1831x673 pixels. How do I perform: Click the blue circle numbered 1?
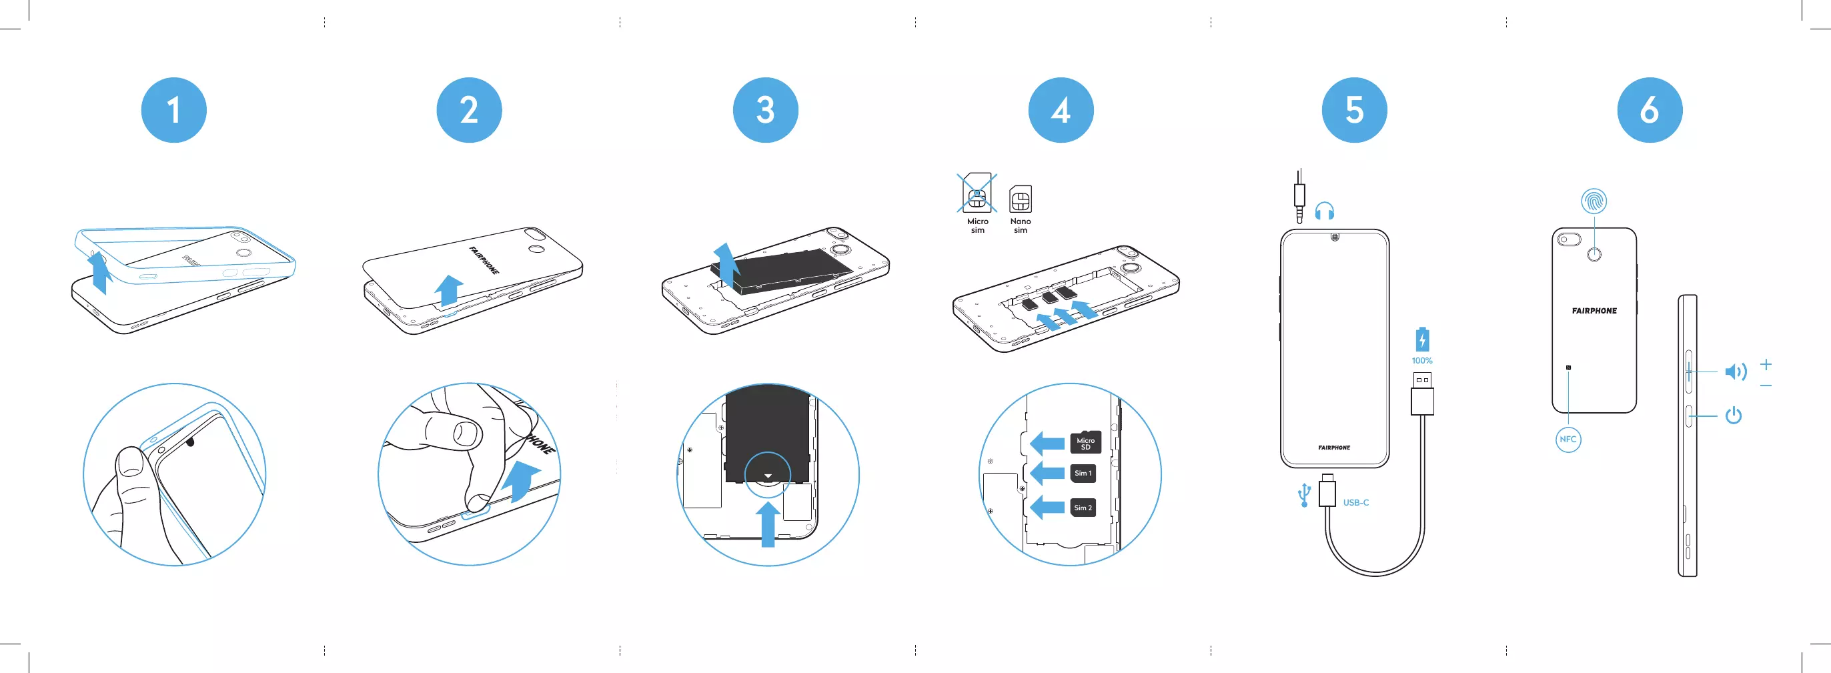[x=173, y=110]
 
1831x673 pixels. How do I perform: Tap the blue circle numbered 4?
[x=1061, y=110]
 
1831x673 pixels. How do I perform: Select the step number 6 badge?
[x=1649, y=110]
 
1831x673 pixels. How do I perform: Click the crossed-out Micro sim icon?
[x=977, y=193]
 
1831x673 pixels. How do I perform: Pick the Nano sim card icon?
[x=1021, y=199]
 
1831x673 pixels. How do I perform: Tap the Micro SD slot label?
[x=1085, y=444]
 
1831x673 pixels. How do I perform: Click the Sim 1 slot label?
[x=1083, y=474]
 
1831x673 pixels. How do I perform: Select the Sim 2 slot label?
[x=1083, y=508]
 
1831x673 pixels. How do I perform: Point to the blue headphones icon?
[x=1324, y=211]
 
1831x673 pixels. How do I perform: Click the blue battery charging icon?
[x=1421, y=340]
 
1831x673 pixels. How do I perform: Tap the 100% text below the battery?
[x=1421, y=361]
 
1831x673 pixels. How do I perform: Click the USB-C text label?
[x=1355, y=502]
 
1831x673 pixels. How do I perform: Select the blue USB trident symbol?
[x=1303, y=495]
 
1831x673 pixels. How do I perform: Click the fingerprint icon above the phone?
[x=1594, y=201]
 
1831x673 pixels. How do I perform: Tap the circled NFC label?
[x=1568, y=439]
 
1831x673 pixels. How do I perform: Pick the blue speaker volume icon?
[x=1735, y=372]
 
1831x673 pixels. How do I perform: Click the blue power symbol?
[x=1734, y=415]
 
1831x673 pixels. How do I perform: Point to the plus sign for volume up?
[x=1766, y=365]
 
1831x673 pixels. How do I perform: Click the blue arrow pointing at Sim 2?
[x=1047, y=508]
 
